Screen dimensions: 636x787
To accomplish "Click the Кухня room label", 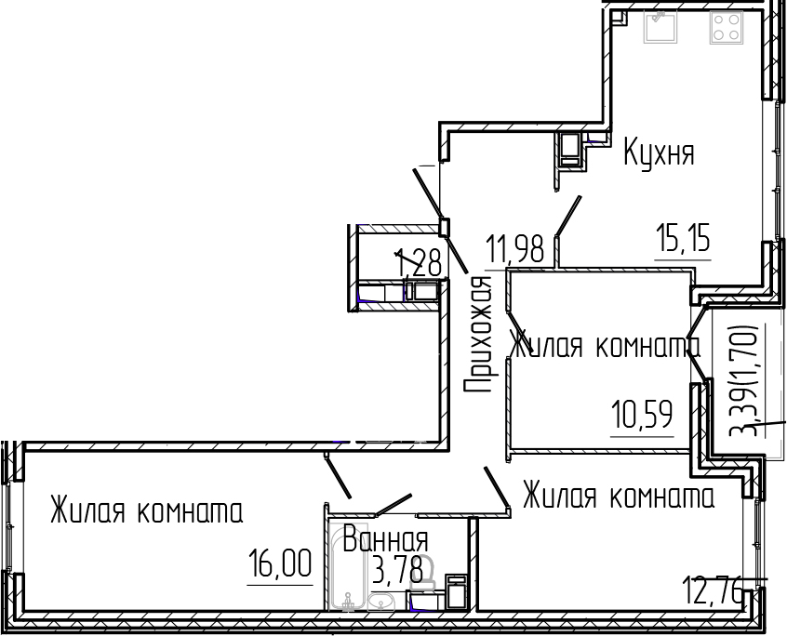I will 659,152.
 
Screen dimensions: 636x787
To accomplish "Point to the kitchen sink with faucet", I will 661,29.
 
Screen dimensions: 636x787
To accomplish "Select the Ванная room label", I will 385,540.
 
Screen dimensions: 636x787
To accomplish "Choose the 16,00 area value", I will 279,563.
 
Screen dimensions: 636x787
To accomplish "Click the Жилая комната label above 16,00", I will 146,511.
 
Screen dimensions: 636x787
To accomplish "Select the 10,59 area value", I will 642,413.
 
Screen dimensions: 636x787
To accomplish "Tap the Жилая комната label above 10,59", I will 605,347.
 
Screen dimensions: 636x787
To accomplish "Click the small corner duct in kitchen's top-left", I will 620,18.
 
